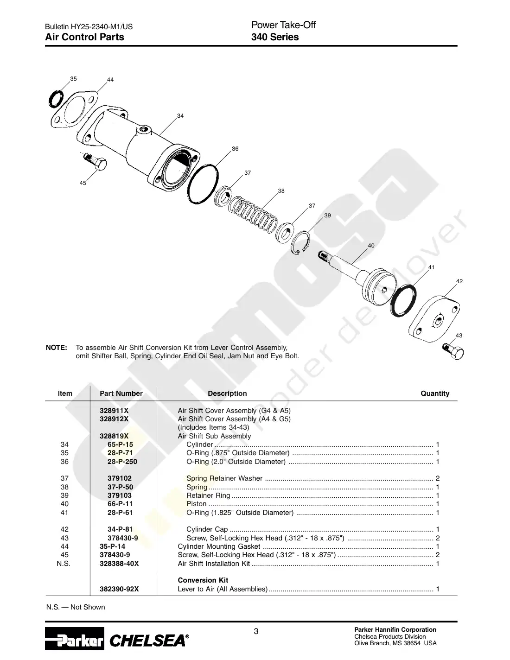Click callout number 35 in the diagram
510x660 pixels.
coord(74,79)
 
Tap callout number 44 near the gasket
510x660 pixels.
coord(110,80)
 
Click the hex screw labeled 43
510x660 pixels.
coord(453,351)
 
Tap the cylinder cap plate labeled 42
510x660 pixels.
coord(434,320)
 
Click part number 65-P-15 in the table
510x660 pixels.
coord(120,444)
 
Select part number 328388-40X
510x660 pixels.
coord(119,564)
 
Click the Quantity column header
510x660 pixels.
coord(435,393)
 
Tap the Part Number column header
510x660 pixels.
coord(121,393)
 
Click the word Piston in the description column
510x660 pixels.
coord(197,504)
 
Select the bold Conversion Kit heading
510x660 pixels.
coord(203,580)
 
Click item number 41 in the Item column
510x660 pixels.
coord(64,513)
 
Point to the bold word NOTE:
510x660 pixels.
coord(57,348)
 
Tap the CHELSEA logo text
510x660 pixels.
coord(149,641)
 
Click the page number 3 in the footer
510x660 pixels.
coord(256,631)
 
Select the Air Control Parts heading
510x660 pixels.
coord(85,37)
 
